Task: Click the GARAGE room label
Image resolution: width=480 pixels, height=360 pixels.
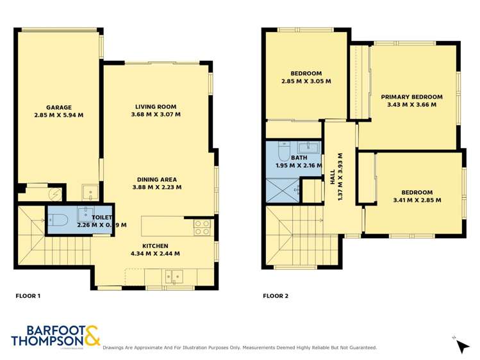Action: coord(58,108)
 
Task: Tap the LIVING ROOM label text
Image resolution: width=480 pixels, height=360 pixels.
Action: coord(156,107)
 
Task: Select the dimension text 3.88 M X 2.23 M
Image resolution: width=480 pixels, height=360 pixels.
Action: coord(156,188)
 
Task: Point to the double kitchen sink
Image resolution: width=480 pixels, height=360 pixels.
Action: coord(172,277)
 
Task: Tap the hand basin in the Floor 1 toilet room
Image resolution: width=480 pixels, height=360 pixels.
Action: coord(85,213)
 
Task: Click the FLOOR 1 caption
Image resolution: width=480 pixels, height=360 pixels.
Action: coord(28,296)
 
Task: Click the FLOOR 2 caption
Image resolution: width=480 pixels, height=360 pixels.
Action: coord(276,296)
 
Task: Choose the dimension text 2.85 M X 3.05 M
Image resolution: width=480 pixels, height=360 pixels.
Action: coord(306,81)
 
